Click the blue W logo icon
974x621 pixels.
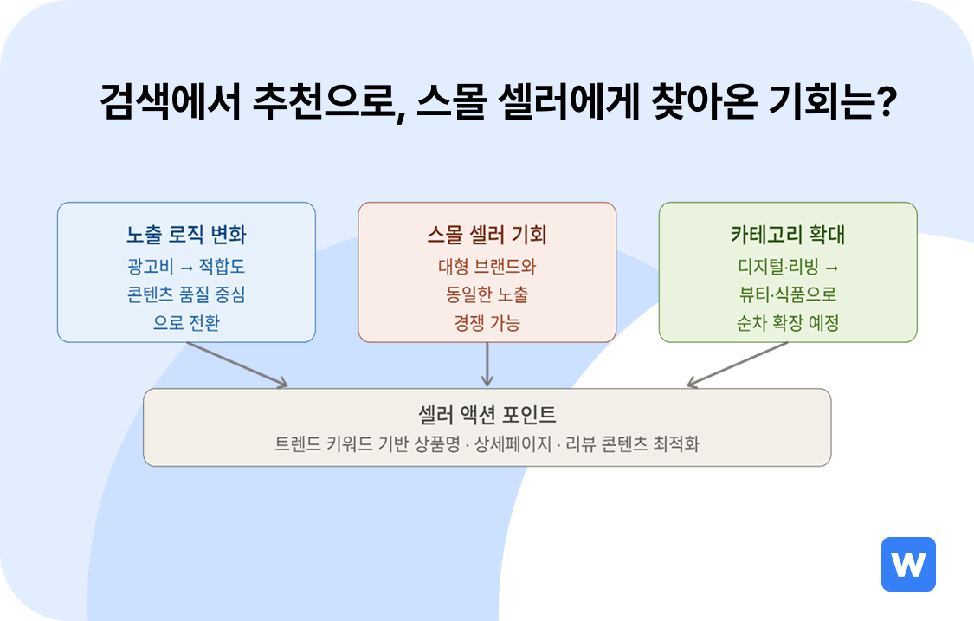(908, 565)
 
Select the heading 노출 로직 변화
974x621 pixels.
(186, 235)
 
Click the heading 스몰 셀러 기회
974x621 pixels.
(487, 235)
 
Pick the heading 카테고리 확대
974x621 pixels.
(788, 235)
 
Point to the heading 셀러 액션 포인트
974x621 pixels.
(487, 414)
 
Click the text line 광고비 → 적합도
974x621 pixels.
(186, 266)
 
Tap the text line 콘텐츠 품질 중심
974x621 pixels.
(186, 294)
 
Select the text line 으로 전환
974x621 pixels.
(186, 323)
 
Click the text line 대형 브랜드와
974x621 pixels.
(487, 266)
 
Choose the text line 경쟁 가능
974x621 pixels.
(487, 323)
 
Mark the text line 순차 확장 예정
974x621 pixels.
(788, 323)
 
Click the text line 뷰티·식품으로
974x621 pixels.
(788, 294)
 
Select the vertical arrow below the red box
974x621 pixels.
(487, 364)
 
